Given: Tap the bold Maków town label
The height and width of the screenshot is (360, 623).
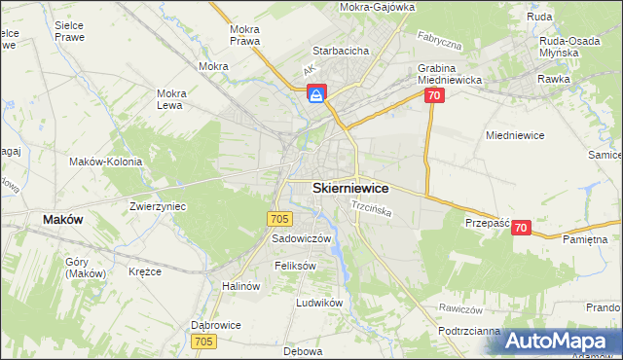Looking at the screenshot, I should [62, 220].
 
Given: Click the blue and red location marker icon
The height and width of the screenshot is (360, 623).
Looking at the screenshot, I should [317, 93].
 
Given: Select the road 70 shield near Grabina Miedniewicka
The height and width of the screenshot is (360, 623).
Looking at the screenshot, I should [434, 95].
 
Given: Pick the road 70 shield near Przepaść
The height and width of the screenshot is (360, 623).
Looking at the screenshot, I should [521, 228].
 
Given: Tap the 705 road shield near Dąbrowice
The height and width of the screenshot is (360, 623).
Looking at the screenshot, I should [203, 341].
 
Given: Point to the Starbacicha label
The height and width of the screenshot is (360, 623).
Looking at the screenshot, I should [339, 50].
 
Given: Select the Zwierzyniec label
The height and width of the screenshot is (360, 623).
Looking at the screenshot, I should [158, 207].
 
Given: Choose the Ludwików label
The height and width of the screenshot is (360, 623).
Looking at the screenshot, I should [320, 303].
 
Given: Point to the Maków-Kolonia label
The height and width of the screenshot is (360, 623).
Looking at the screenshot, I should [106, 162].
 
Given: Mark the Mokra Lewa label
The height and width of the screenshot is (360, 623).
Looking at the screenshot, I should [170, 99].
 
